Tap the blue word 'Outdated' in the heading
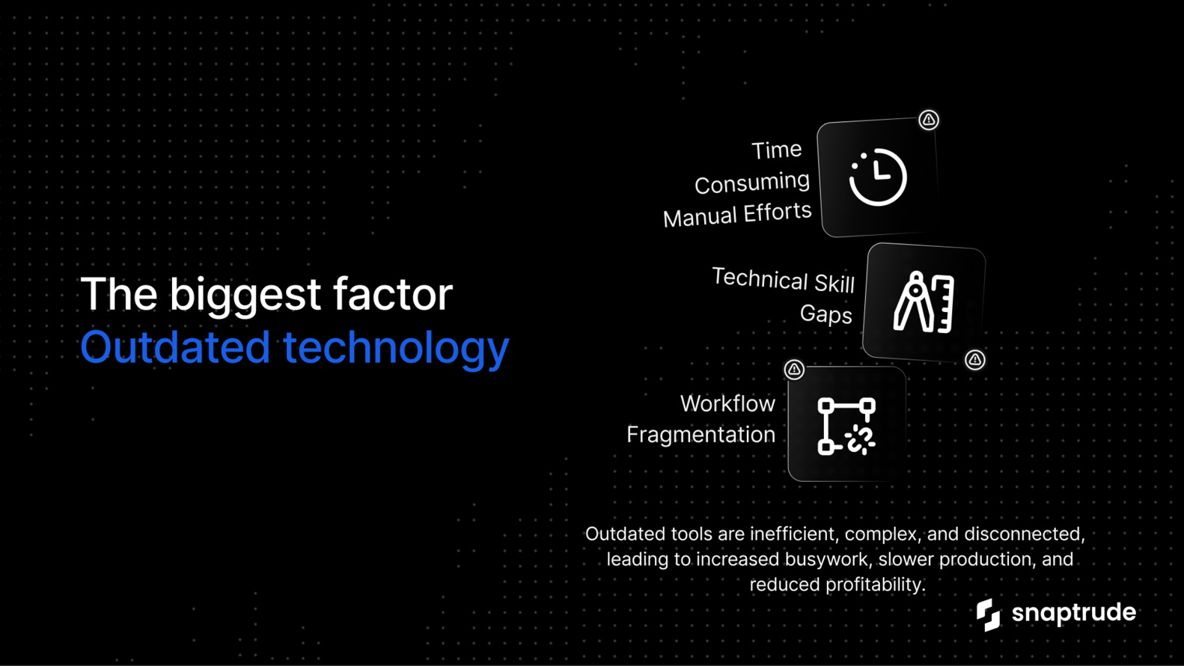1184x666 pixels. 175,346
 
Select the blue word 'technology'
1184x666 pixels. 396,349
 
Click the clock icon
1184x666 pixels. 878,177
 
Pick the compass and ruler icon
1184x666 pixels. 924,302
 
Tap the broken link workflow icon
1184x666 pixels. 846,426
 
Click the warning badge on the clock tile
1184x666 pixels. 929,120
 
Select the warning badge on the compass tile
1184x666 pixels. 975,360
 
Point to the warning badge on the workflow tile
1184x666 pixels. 794,370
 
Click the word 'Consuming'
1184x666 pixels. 752,183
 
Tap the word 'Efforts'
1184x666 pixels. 778,213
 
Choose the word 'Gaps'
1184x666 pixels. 826,314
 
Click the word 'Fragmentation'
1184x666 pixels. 701,435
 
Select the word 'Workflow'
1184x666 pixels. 728,403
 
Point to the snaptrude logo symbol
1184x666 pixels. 988,614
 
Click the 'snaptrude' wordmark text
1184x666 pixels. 1073,613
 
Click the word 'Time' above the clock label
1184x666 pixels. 776,150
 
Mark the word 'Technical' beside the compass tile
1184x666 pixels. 760,278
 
